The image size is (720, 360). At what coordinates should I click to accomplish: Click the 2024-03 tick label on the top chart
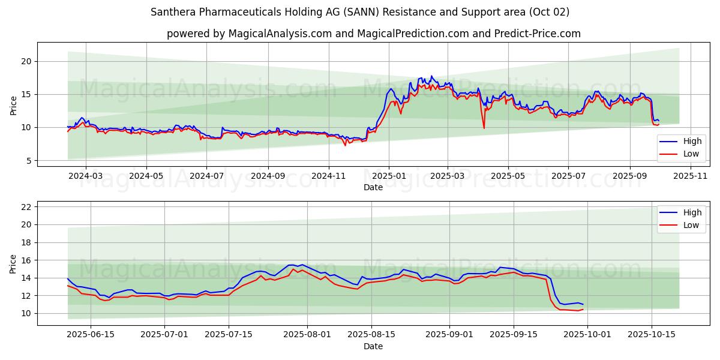click(x=86, y=175)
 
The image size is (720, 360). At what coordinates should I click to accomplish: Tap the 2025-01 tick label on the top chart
click(x=389, y=175)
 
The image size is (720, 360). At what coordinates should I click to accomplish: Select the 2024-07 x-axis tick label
click(x=206, y=175)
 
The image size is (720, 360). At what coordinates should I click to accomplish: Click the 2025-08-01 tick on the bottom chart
click(x=307, y=334)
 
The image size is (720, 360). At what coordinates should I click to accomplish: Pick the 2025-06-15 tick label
click(x=91, y=334)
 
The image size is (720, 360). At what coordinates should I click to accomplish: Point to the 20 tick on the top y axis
click(x=26, y=61)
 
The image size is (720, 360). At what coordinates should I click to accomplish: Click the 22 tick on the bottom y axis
click(x=26, y=207)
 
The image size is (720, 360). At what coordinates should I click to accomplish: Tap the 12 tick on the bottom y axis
click(x=26, y=296)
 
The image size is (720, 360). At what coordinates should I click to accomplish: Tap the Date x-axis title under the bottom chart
click(x=373, y=346)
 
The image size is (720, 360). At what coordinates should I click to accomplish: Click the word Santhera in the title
click(x=173, y=12)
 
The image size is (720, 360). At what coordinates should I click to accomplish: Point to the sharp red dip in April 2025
click(x=484, y=127)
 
